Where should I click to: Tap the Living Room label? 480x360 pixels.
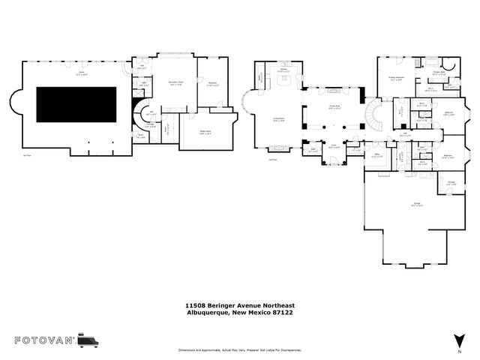[x=257, y=119]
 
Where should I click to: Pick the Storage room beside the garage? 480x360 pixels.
[x=451, y=182]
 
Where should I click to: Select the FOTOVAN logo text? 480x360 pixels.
[x=45, y=340]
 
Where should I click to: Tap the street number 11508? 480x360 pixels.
[x=196, y=305]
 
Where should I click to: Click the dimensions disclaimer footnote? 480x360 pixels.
[x=240, y=350]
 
